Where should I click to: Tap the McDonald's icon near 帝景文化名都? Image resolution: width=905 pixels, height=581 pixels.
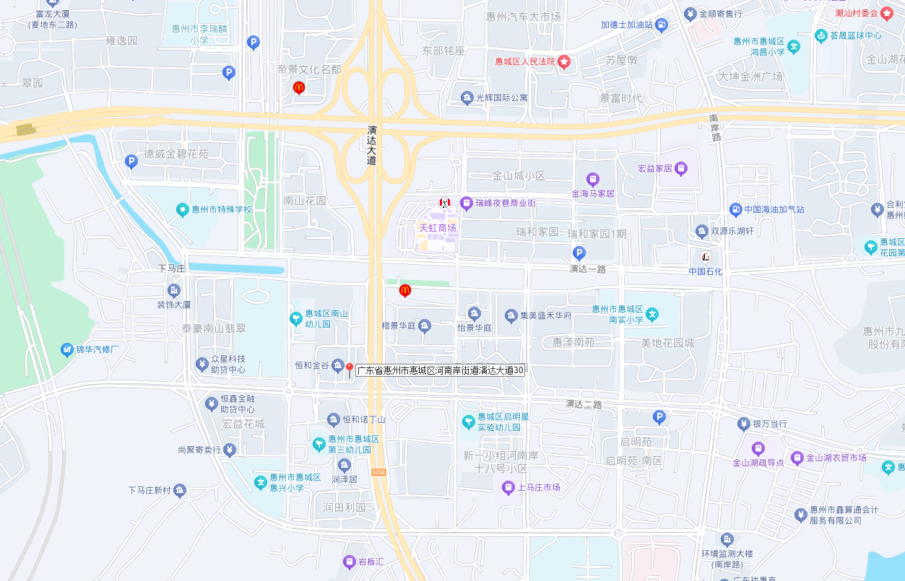(299, 88)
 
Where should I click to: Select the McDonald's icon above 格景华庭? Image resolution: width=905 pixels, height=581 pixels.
(405, 291)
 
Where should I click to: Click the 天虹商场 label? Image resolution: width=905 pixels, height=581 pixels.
(438, 228)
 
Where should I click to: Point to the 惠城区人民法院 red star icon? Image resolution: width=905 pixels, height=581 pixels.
(564, 62)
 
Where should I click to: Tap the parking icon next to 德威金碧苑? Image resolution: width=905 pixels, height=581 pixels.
(131, 162)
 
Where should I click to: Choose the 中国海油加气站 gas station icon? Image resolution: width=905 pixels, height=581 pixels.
(735, 210)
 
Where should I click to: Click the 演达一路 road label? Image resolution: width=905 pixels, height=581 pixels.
(587, 269)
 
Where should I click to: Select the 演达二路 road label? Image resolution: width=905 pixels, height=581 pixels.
(584, 404)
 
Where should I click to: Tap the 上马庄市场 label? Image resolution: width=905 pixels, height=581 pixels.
(538, 488)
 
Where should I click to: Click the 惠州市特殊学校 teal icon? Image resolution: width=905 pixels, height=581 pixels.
(183, 210)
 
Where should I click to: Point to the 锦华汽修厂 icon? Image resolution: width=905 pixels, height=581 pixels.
(67, 350)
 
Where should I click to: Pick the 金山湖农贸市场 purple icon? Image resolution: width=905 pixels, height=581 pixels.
(797, 458)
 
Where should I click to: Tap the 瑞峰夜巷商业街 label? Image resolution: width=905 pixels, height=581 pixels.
(506, 204)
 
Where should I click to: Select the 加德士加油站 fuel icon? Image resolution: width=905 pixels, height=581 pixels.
(661, 25)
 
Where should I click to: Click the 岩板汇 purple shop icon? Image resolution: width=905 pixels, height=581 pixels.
(350, 562)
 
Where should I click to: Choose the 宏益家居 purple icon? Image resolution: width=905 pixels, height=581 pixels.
(680, 168)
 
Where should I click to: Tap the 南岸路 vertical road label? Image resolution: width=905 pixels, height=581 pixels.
(714, 128)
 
